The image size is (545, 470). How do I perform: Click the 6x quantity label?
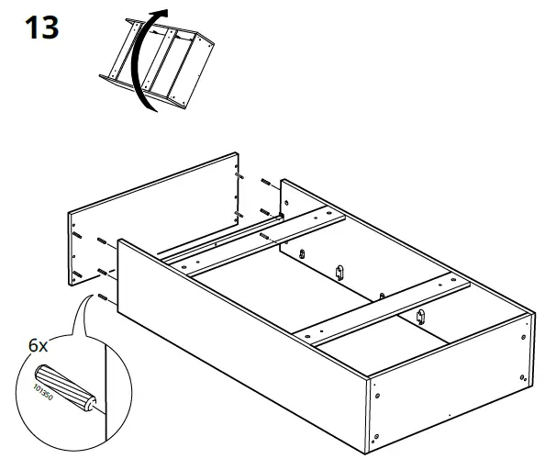click(x=39, y=346)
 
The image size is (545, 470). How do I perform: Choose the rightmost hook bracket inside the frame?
click(x=421, y=317)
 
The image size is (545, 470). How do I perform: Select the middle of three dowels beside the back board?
click(x=264, y=212)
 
